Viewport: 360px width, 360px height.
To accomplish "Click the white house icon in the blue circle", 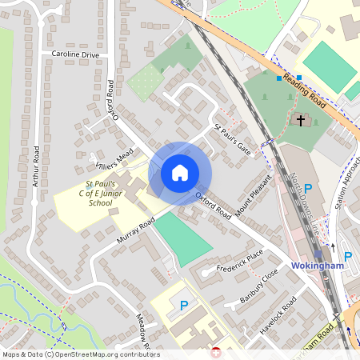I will coord(180,172).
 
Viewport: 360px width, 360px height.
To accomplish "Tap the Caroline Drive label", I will coord(74,54).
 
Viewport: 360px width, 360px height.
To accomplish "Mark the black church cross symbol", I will coord(302,121).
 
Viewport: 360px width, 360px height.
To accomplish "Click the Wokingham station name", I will coord(317,265).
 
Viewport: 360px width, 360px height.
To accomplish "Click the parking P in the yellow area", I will coord(184,305).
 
